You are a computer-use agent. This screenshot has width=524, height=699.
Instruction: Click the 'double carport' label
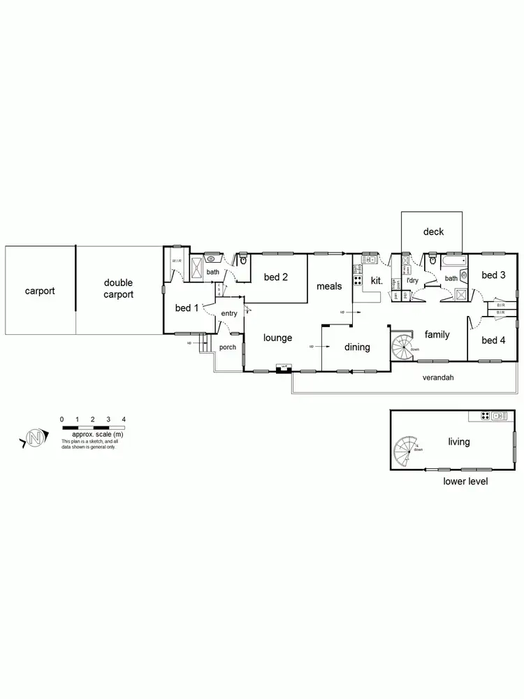click(118, 289)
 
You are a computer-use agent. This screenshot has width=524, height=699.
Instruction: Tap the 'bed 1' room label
click(187, 308)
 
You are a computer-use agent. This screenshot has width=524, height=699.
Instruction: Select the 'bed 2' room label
click(276, 278)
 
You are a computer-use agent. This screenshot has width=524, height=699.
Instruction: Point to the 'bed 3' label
click(493, 275)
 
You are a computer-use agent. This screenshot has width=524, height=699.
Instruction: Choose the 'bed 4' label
click(493, 340)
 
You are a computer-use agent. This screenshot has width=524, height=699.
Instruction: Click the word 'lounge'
click(277, 338)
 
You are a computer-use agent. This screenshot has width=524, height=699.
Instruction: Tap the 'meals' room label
click(329, 287)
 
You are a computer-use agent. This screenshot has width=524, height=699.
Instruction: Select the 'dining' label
click(357, 347)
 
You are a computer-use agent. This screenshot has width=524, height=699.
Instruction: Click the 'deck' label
click(433, 232)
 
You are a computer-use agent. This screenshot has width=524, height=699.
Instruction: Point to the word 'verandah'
click(438, 377)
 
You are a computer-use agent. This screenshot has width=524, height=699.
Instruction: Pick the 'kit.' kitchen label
click(377, 280)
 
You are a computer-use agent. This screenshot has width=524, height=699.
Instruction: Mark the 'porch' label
click(228, 347)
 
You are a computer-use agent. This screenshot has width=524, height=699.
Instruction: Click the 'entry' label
click(229, 314)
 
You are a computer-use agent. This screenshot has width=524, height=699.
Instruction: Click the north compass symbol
click(34, 439)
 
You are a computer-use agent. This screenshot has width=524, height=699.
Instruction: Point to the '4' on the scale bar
click(124, 419)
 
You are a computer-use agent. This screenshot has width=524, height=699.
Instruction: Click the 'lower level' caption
click(465, 482)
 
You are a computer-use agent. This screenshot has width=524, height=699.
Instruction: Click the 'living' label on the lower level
click(459, 442)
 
